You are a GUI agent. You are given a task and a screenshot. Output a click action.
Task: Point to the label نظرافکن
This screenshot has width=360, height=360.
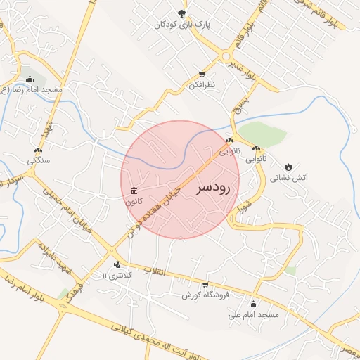pos(202,85)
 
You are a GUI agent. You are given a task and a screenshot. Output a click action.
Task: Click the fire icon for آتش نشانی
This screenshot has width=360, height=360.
pos(288,167)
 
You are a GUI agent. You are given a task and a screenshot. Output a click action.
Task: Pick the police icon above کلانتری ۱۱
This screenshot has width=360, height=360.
pos(116,265)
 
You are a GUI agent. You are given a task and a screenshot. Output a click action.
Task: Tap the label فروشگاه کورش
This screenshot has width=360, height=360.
pos(203,296)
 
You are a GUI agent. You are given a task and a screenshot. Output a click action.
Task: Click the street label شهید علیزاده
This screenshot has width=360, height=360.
pos(51,253)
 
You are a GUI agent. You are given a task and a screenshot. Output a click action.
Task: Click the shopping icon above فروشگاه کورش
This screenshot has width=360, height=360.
pos(205,285)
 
